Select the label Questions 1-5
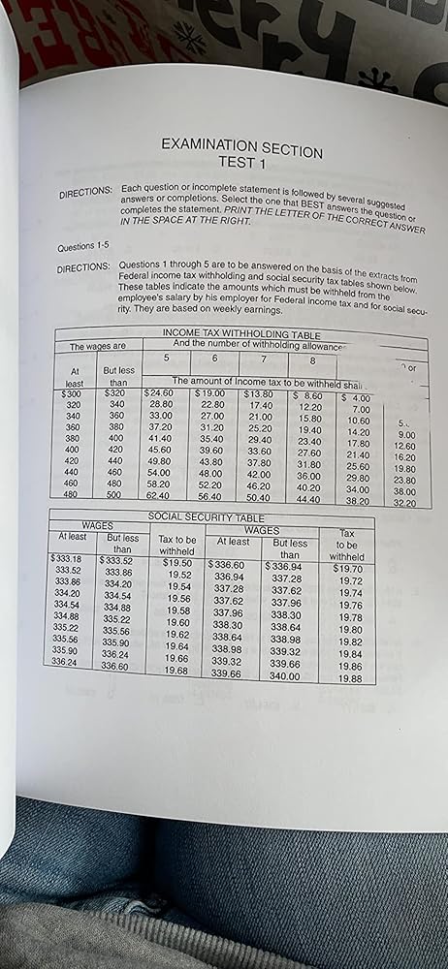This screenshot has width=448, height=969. (85, 246)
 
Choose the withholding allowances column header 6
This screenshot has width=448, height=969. (214, 359)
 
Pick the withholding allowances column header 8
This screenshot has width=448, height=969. (312, 361)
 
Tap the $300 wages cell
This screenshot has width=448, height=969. (70, 393)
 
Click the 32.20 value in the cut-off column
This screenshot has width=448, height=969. (405, 503)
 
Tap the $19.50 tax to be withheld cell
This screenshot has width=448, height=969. (177, 561)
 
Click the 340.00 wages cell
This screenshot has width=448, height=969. (288, 675)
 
